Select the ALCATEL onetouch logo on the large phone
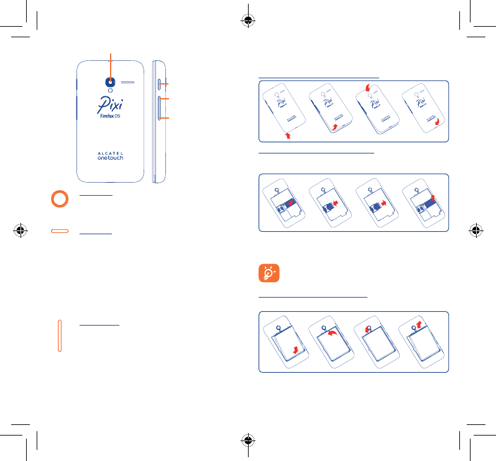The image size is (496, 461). coord(111,155)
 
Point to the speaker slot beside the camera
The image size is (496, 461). coord(129,81)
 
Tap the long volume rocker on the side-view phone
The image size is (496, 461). coord(160,109)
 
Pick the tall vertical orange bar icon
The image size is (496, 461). coord(60,335)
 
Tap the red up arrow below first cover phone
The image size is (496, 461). coord(288,134)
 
